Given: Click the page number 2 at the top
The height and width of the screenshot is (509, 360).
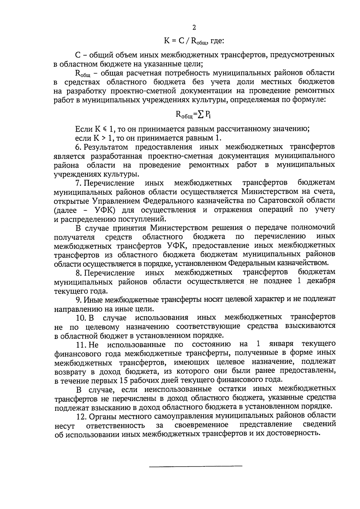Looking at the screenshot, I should point(194,28).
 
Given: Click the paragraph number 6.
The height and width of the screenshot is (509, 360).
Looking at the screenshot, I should point(79,147).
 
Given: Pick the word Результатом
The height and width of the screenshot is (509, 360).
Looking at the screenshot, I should point(106,147).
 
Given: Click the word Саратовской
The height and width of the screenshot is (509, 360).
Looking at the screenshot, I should point(282,200).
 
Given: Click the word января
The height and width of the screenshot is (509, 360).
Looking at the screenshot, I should point(282,344).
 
